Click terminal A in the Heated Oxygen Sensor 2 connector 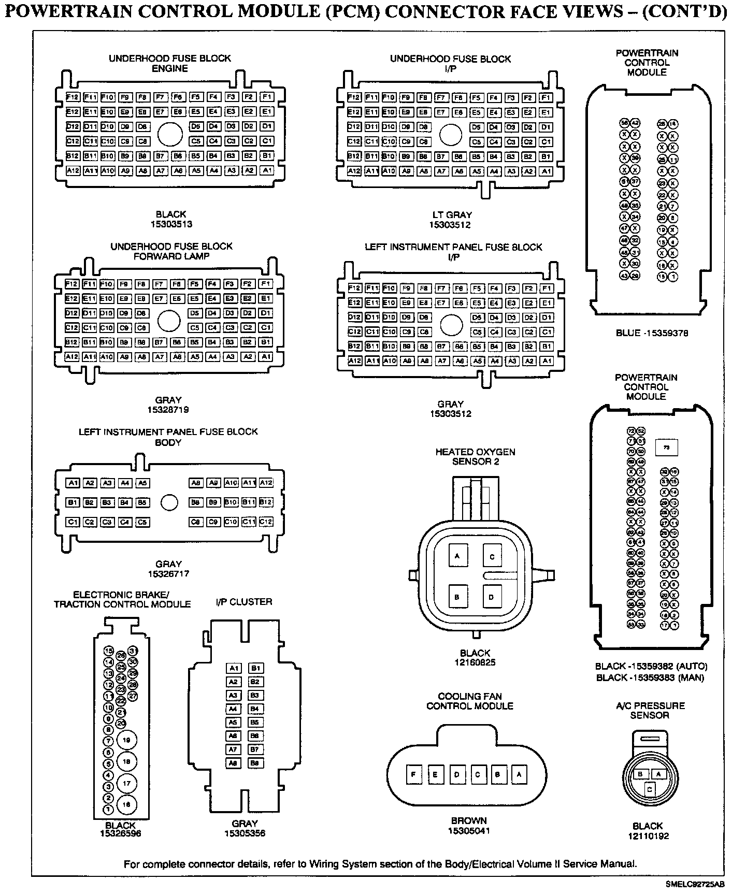tap(457, 557)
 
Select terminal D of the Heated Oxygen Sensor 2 tap(491, 597)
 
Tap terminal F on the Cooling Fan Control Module tap(413, 775)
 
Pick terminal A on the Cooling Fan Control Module tap(519, 775)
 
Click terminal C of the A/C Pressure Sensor tap(650, 789)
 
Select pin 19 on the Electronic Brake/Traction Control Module tap(126, 740)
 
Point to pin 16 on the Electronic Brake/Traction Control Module tap(126, 804)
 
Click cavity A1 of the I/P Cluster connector tap(234, 668)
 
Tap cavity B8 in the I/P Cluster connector tap(255, 763)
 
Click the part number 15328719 tap(168, 410)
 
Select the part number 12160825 tap(475, 662)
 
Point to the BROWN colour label tap(469, 820)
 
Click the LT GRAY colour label tap(452, 214)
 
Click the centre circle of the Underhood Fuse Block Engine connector tap(170, 134)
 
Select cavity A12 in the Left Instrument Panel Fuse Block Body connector tap(266, 483)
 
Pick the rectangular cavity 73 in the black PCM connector tap(666, 447)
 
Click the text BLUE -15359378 tap(652, 333)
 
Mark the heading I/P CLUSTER tap(244, 602)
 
